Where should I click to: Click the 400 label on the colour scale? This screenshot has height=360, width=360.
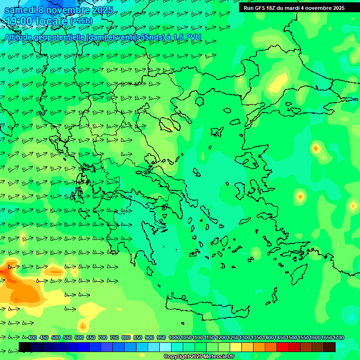click(32, 337)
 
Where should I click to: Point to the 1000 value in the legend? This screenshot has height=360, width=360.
click(174, 337)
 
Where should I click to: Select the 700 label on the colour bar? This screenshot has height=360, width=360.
click(103, 337)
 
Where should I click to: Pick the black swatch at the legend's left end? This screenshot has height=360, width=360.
click(25, 347)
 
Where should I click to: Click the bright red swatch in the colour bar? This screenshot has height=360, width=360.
click(282, 347)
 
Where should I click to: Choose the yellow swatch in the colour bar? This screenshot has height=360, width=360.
click(236, 347)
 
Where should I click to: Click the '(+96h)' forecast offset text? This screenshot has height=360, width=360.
click(81, 22)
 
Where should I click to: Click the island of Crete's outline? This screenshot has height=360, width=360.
click(206, 309)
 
